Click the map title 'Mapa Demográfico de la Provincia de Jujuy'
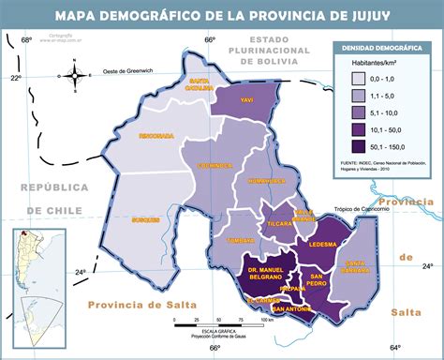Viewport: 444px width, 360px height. (222, 15)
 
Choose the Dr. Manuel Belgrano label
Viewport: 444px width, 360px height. (267, 273)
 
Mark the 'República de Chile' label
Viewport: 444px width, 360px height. (55, 199)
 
